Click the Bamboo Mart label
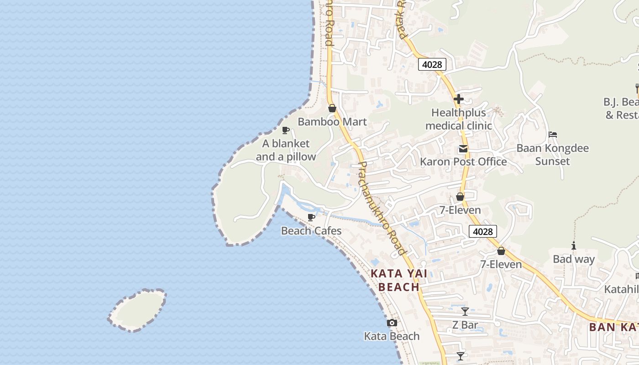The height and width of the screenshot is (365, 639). coord(332,122)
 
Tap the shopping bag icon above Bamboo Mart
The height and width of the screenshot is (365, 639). coord(332,108)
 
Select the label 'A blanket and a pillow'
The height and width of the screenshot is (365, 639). coord(286,150)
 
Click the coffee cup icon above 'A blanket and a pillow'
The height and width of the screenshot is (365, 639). coord(286,130)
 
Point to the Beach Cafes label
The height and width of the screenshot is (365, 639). coord(311,231)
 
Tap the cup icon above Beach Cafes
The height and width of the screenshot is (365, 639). coord(311,217)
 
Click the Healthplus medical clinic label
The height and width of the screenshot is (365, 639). coord(459,119)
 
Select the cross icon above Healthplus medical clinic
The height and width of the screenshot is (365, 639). coord(459,99)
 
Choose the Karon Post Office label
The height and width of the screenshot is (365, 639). coord(463,162)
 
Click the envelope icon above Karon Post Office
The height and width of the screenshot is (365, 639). coord(463,149)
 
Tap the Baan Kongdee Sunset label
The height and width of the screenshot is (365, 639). coord(553,155)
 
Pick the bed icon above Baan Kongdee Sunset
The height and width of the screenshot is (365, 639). coord(553,135)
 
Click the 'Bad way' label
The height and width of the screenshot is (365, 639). coord(574,259)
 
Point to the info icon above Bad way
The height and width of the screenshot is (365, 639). coord(574,246)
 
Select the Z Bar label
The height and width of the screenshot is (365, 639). coord(465,325)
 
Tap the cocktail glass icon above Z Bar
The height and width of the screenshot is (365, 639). coord(465,312)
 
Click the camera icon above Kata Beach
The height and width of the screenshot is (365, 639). coord(392,323)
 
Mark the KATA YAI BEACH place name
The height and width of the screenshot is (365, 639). coord(395,280)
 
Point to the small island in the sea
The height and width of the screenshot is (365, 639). coord(137,310)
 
